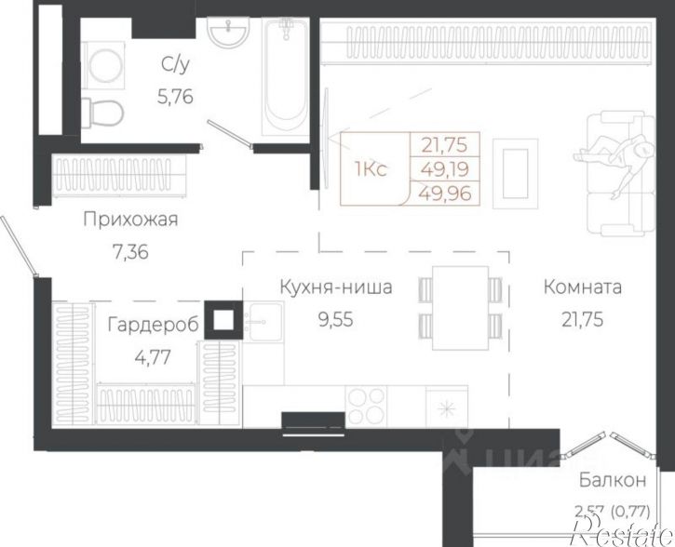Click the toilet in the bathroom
pos(105,112)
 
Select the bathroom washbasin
pos(223,35)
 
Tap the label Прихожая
pos(130,220)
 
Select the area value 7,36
pos(129,250)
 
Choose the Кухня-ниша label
pos(335,287)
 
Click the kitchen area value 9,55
pos(335,318)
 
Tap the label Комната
pos(583,287)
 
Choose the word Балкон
pos(611,481)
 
